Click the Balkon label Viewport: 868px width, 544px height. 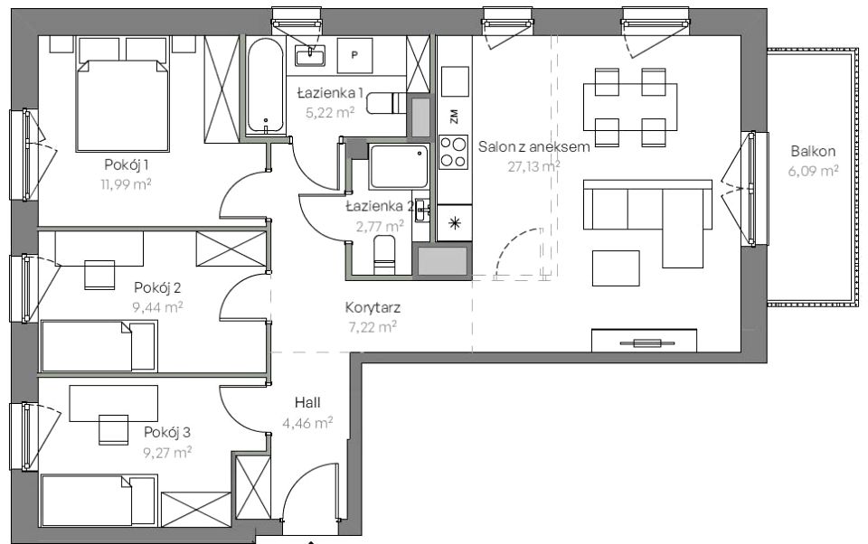coord(813,151)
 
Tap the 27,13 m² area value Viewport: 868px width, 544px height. coord(533,166)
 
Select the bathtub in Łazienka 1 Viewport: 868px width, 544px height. coord(265,86)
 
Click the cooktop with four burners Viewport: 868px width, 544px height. coord(453,152)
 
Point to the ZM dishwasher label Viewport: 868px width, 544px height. coord(455,117)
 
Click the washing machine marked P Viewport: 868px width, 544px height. coord(354,55)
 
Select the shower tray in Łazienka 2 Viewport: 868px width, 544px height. coord(399,166)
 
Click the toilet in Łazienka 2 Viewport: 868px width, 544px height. coord(385,255)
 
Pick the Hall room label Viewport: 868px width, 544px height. coord(307,402)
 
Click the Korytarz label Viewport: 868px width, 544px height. coord(373,307)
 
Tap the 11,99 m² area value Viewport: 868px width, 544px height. coord(126,184)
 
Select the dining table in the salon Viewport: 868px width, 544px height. coord(630,107)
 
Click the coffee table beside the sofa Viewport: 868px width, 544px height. coord(616,268)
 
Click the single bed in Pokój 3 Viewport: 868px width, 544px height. coord(99,501)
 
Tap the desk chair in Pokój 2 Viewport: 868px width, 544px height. coord(99,274)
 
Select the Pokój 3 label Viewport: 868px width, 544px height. coord(168,432)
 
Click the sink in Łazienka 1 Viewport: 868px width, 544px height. coord(310,55)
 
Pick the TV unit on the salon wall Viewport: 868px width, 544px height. coord(644,341)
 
